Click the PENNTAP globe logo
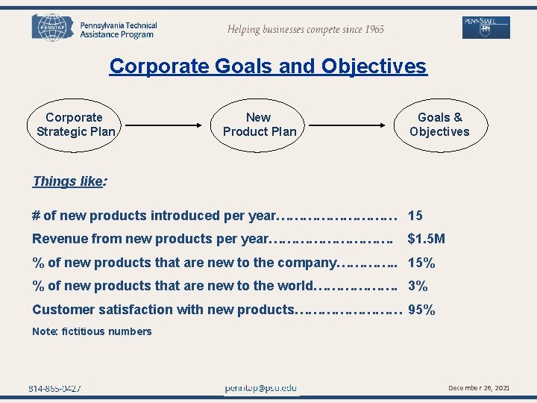point(50,28)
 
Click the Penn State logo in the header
point(486,28)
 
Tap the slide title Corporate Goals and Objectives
point(268,66)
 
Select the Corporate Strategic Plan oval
point(75,125)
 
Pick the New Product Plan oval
point(259,125)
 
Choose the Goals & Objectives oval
point(439,125)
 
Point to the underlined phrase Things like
point(67,181)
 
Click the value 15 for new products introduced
point(415,216)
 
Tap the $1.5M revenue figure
point(426,239)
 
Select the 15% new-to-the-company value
point(421,263)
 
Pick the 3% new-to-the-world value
point(418,286)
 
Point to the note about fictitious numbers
point(92,331)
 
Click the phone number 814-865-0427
point(54,388)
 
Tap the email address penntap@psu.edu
point(260,388)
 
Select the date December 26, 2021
point(479,388)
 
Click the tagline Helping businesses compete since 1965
point(306,30)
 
